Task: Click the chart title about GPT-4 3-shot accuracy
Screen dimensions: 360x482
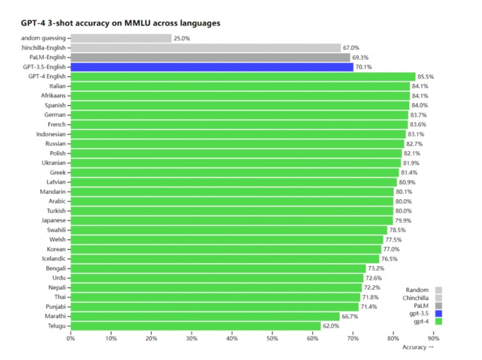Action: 120,23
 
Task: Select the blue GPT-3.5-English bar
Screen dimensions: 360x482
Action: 211,67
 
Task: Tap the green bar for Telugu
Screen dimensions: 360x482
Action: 195,326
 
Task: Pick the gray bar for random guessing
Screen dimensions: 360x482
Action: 120,38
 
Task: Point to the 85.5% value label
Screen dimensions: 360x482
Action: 426,76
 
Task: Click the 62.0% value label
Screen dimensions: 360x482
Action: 331,326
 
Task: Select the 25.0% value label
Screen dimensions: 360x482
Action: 182,38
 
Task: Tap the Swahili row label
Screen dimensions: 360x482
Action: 57,230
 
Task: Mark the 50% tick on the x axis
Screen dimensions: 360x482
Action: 272,338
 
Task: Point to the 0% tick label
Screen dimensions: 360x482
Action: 70,338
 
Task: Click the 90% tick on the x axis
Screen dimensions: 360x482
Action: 433,338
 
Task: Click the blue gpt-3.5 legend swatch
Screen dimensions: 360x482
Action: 439,313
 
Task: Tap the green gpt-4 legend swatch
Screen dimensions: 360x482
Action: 439,321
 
